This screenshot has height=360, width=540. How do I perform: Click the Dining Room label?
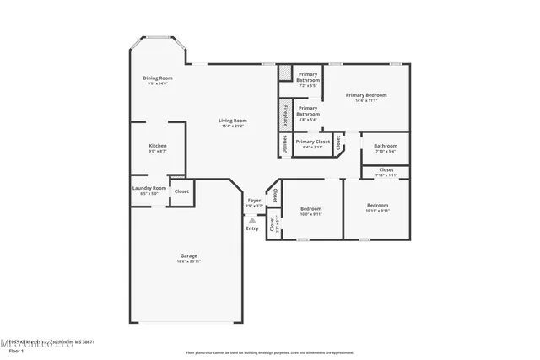[158, 78]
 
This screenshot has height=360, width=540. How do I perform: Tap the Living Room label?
[233, 121]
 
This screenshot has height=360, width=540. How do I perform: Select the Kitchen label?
[158, 146]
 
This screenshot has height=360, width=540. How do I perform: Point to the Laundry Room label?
[148, 188]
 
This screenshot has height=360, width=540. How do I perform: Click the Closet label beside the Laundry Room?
[181, 191]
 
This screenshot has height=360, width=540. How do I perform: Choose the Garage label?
[188, 255]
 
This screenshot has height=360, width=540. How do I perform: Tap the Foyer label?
[254, 200]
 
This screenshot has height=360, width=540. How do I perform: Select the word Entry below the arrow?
[252, 228]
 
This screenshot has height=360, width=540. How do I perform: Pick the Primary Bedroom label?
[366, 95]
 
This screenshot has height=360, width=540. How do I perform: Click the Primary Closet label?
[312, 142]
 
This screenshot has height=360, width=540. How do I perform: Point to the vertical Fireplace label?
[286, 112]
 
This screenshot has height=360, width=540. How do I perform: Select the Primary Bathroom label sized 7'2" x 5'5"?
[308, 78]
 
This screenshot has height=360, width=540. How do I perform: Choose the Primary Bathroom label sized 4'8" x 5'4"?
[308, 110]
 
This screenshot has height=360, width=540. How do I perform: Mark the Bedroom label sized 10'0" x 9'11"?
[310, 208]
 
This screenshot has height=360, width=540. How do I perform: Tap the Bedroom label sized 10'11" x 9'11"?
[377, 205]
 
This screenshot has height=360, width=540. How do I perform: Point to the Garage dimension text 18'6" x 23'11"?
[188, 261]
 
